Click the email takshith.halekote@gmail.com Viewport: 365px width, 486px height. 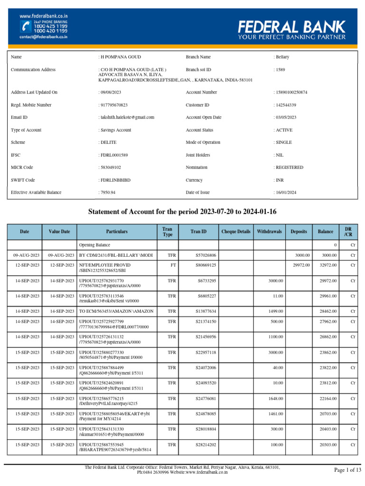point(126,117)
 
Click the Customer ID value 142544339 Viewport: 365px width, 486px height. point(285,105)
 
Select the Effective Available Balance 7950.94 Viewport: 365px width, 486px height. point(107,193)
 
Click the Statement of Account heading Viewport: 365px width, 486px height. point(182,211)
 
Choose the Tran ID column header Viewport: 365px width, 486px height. point(199,232)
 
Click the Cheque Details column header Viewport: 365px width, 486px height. point(236,232)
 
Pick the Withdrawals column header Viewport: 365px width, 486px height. point(269,232)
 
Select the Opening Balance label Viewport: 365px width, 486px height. point(95,245)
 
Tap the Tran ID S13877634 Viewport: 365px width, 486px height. point(206,311)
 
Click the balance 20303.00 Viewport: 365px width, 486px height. point(326,444)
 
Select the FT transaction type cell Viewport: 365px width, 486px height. point(168,265)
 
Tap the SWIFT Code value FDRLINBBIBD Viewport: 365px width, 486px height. point(115,180)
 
